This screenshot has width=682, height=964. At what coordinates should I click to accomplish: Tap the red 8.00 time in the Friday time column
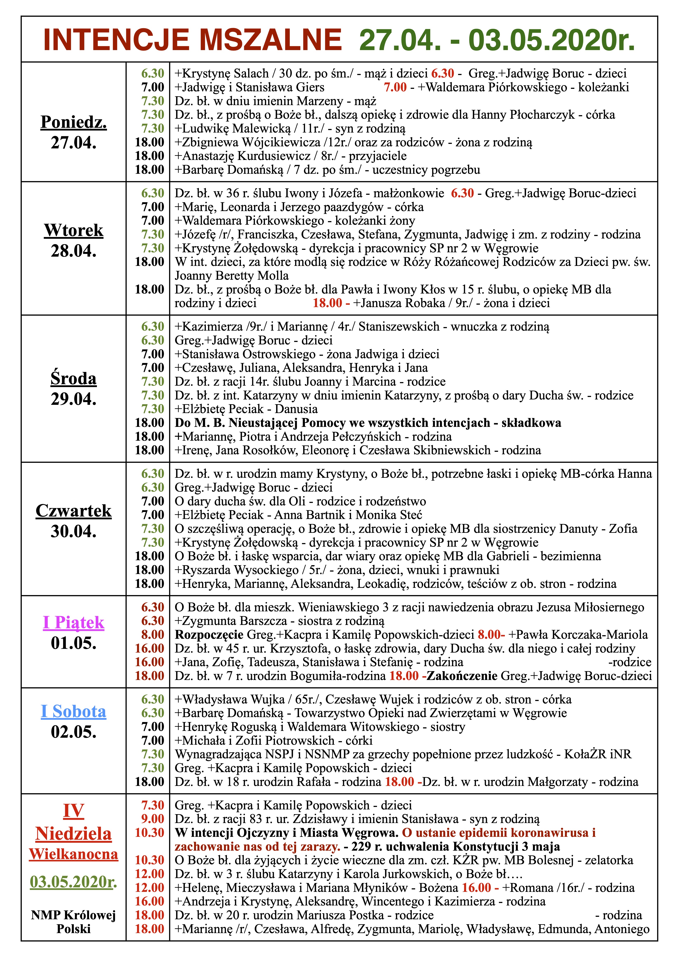(153, 634)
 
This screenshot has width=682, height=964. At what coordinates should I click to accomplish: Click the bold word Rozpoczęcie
(209, 634)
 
